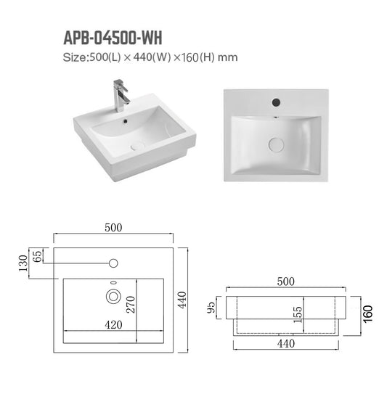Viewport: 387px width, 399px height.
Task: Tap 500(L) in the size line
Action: pyautogui.click(x=102, y=57)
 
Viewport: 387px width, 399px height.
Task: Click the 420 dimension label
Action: pyautogui.click(x=113, y=325)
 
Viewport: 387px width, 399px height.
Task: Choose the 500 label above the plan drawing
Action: pyautogui.click(x=113, y=227)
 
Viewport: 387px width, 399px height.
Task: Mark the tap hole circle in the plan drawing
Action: pyautogui.click(x=113, y=262)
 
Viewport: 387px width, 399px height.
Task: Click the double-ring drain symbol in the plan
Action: pyautogui.click(x=113, y=296)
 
